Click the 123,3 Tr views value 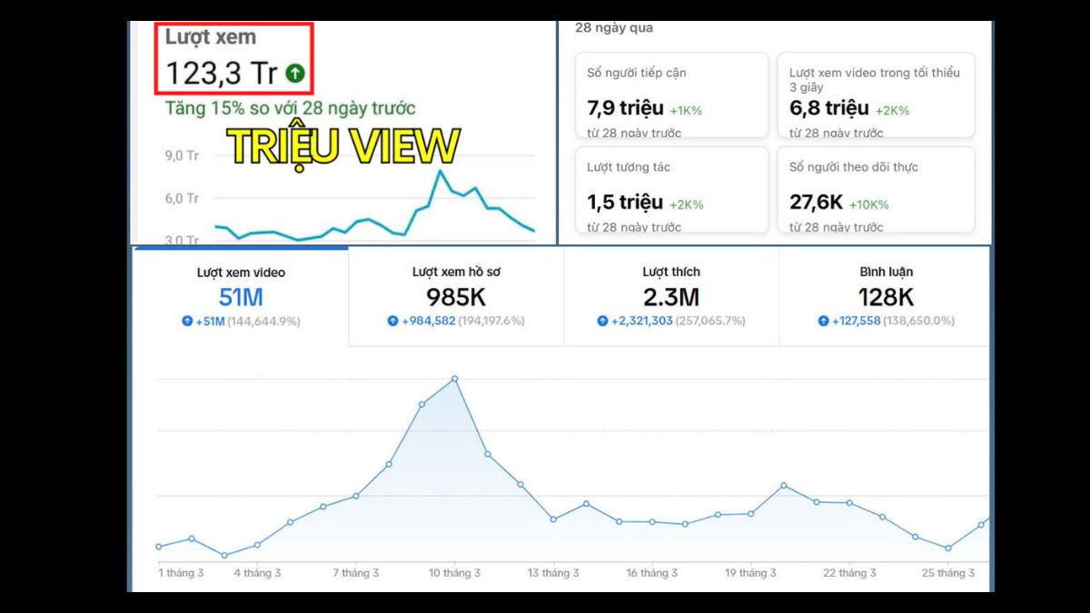point(221,73)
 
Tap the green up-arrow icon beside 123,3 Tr point(294,73)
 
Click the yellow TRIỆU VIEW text point(342,146)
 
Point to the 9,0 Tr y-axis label point(182,155)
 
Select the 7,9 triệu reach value point(626,109)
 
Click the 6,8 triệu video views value point(829,109)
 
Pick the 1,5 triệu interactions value point(625,203)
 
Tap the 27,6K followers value point(816,203)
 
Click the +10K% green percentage point(868,204)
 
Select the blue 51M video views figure point(241,297)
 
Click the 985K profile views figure point(456,297)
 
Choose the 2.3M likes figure point(670,297)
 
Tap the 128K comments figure point(886,297)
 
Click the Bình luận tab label point(886,272)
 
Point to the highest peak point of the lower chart point(454,379)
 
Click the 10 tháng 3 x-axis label point(454,573)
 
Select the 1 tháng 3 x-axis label point(181,573)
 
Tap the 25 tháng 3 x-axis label point(949,573)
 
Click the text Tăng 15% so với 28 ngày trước point(290,109)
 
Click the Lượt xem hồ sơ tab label point(456,272)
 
